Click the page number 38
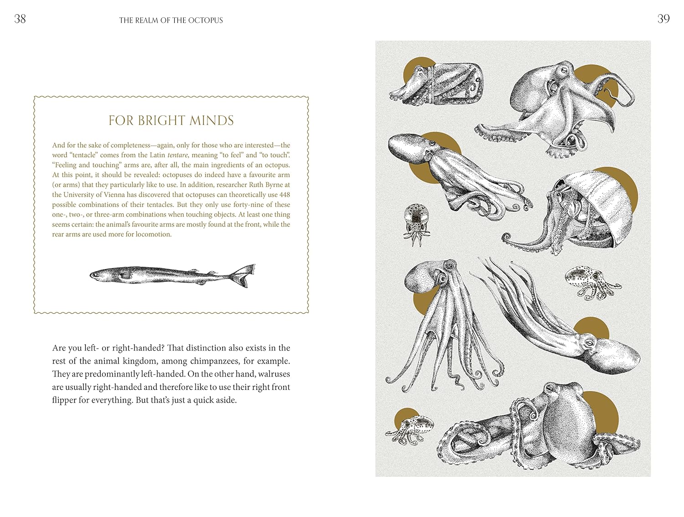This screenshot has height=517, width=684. coord(20,19)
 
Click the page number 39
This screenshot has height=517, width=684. coord(663,19)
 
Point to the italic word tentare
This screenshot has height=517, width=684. coord(177,155)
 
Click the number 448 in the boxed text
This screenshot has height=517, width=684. coord(285,195)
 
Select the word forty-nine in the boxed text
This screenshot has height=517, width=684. coord(249,205)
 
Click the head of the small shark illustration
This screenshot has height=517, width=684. coord(98,274)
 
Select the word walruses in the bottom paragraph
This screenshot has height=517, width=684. coord(274,374)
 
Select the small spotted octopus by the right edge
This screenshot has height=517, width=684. coord(591,281)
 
